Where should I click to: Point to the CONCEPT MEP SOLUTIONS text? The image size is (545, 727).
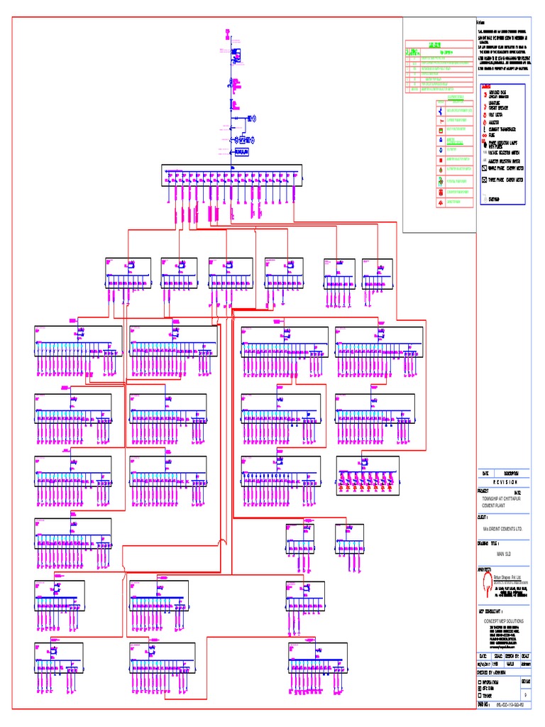(505, 620)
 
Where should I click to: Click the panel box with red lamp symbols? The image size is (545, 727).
(367, 475)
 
